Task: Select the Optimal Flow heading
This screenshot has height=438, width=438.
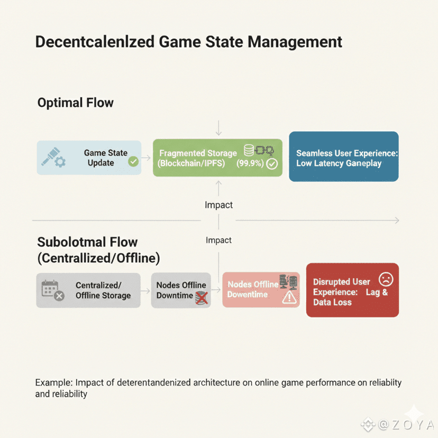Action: pyautogui.click(x=75, y=103)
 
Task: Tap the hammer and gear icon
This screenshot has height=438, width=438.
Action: pyautogui.click(x=54, y=157)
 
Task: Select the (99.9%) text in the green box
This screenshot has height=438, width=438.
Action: pyautogui.click(x=250, y=163)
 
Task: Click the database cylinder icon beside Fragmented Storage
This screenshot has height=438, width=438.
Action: pyautogui.click(x=249, y=150)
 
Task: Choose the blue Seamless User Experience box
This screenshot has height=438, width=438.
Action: pyautogui.click(x=343, y=157)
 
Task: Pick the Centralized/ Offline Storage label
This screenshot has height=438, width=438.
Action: pyautogui.click(x=103, y=290)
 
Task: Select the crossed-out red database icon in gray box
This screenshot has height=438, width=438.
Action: pyautogui.click(x=201, y=297)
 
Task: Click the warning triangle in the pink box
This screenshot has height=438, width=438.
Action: pyautogui.click(x=289, y=298)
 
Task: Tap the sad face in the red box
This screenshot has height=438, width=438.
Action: pyautogui.click(x=386, y=280)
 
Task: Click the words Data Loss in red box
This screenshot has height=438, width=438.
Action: pyautogui.click(x=332, y=302)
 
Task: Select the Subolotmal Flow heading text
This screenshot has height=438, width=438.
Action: pyautogui.click(x=87, y=242)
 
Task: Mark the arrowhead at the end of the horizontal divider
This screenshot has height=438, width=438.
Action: pyautogui.click(x=397, y=220)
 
